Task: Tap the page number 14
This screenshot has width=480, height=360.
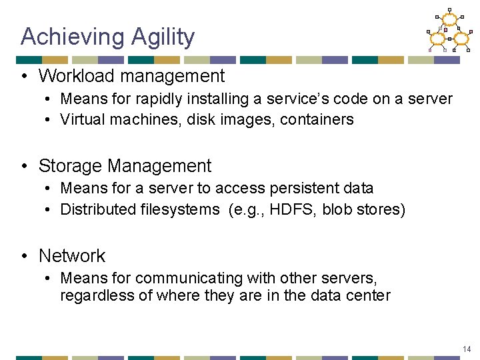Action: [466, 349]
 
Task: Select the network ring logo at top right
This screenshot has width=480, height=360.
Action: [449, 31]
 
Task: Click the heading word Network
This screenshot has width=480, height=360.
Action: [72, 255]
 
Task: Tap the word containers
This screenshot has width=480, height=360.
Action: [317, 120]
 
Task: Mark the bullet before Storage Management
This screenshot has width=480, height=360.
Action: [24, 166]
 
